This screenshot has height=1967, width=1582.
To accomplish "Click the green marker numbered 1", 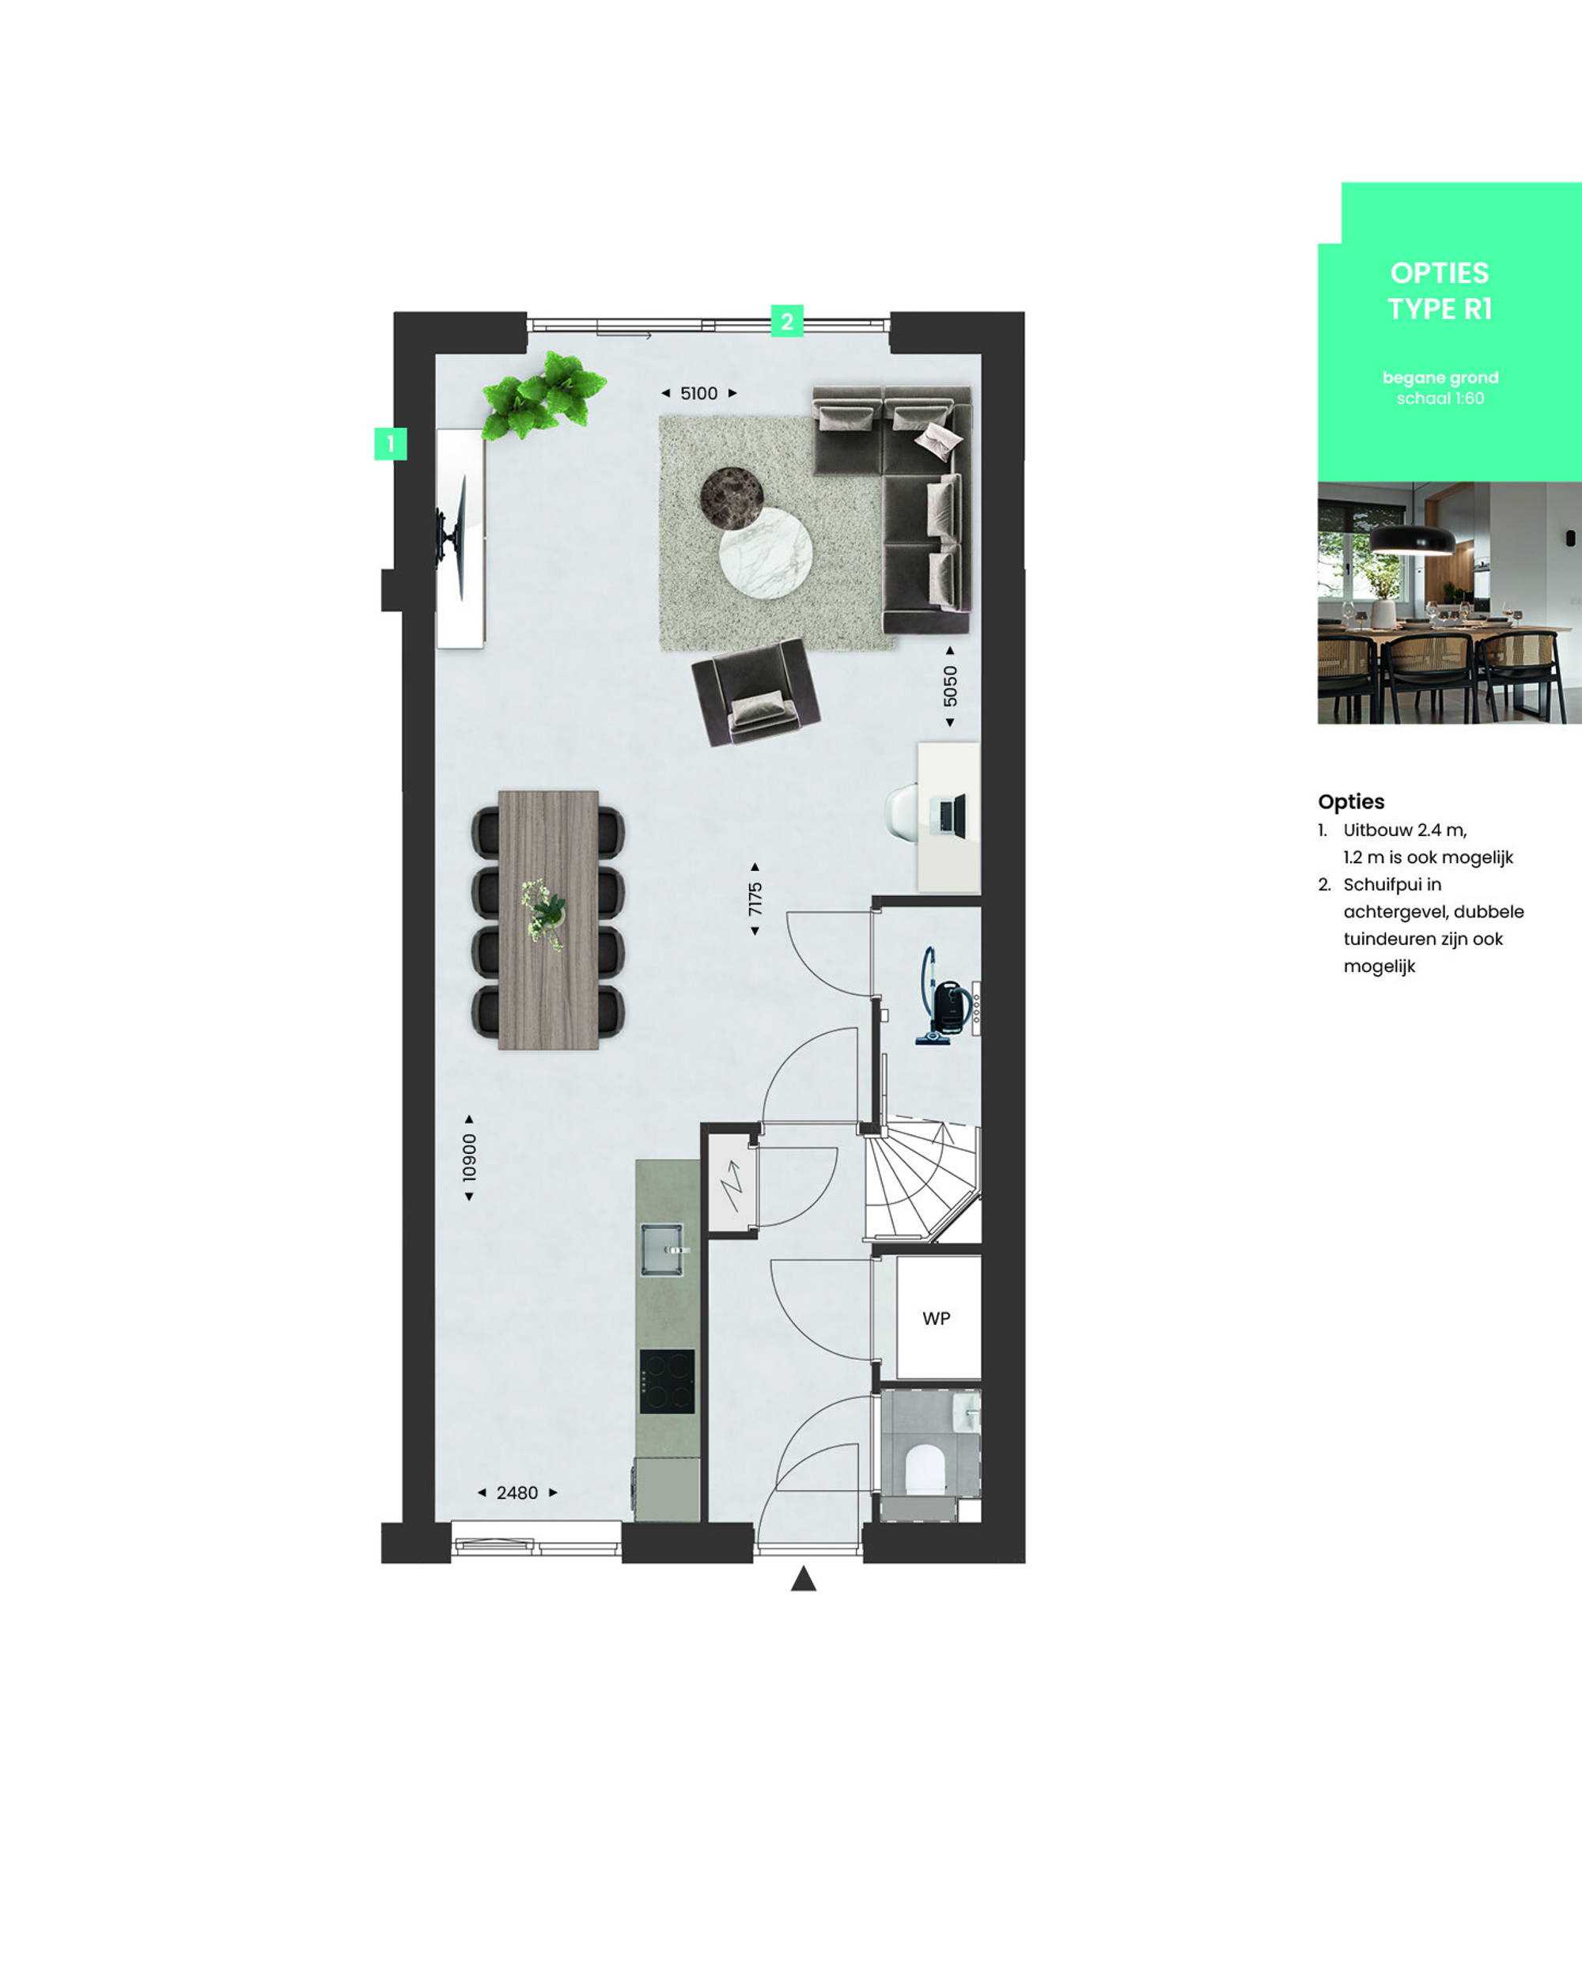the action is (x=391, y=444).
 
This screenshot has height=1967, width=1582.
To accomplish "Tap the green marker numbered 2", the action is (x=787, y=321).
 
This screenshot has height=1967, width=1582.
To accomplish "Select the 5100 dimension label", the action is (x=699, y=393).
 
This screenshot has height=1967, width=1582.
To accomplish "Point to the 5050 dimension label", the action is (x=950, y=685).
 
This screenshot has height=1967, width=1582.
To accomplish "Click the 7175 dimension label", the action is (x=755, y=898).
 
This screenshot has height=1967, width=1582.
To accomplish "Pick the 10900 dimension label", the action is (x=469, y=1157).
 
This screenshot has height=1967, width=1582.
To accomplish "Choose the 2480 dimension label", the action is (x=517, y=1492).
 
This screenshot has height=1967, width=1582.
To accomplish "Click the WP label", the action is (x=936, y=1318).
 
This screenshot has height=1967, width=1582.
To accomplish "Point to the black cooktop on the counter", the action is (x=667, y=1381).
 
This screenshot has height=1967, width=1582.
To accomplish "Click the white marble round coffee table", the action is (x=766, y=554).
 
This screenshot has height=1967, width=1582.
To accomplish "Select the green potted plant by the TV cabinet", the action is (x=543, y=395).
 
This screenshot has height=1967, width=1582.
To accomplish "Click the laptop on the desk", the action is (x=950, y=815).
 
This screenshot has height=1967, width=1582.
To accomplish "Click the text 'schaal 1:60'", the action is (x=1440, y=399).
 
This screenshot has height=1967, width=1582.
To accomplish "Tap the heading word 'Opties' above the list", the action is (x=1351, y=801).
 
